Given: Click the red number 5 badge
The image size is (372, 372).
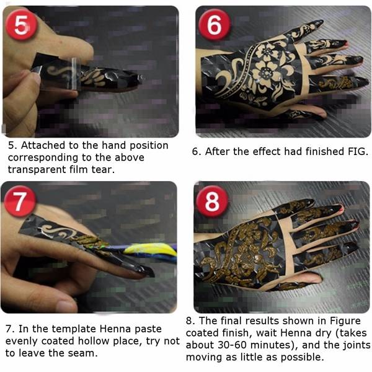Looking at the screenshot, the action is coord(21,24).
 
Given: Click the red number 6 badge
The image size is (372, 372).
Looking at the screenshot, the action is coord(215,24).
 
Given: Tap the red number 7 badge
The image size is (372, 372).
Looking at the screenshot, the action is coord(20,201).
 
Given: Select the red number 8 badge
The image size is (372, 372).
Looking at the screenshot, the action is coord(212,201).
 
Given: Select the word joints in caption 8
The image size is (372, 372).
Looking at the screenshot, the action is coord(356,345).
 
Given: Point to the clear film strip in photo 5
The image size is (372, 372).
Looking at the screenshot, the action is coord(74,74).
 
